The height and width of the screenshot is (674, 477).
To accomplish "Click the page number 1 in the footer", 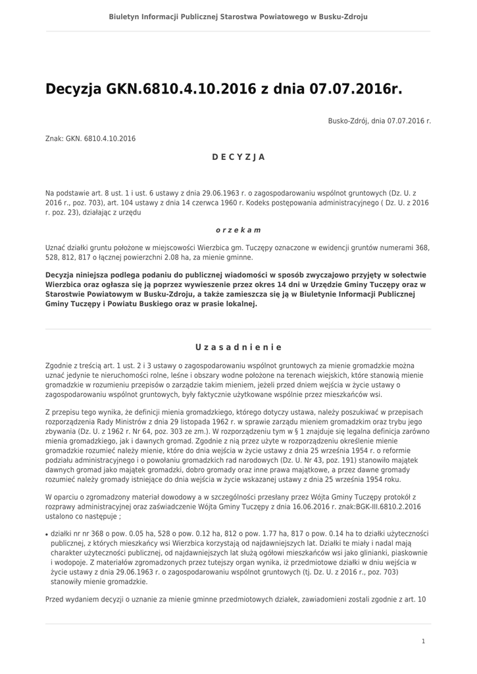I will (x=423, y=640).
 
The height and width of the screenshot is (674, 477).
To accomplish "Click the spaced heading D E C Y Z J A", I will (x=238, y=157).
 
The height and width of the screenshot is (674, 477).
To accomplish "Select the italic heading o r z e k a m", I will (x=238, y=230).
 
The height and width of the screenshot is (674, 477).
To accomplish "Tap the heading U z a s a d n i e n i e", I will (x=238, y=347).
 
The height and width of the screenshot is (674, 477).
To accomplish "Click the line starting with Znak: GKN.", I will (x=90, y=138).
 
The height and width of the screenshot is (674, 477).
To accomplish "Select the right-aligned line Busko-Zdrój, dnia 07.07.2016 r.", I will (x=380, y=121).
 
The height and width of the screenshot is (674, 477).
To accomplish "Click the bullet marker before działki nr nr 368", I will (x=47, y=534).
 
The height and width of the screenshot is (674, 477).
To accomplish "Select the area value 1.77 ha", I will (x=244, y=532).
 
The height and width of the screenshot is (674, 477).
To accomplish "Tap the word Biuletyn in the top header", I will (x=125, y=15).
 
